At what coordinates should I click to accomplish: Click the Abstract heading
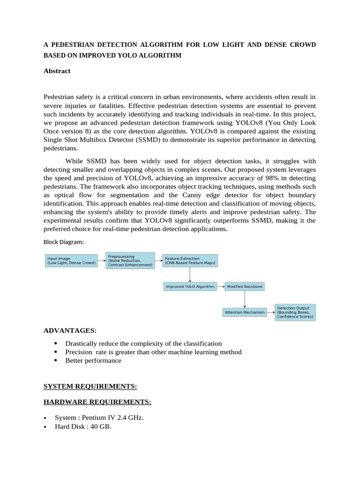click(x=57, y=71)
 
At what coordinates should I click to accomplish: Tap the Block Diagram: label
click(x=64, y=242)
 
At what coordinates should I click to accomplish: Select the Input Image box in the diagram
click(x=71, y=261)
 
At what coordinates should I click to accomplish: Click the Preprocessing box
click(x=130, y=261)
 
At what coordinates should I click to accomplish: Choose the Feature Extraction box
click(x=190, y=261)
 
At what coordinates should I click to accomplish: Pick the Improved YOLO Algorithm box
click(x=190, y=286)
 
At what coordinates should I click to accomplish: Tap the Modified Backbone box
click(x=245, y=286)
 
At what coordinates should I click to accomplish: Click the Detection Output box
click(x=295, y=312)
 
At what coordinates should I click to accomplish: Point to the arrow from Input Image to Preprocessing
click(x=102, y=261)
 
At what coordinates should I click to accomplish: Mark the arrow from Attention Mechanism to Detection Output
click(x=270, y=312)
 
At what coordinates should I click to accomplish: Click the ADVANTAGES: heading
click(x=70, y=330)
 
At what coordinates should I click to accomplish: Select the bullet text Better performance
click(x=93, y=360)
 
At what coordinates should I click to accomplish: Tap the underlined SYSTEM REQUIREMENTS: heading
click(x=90, y=386)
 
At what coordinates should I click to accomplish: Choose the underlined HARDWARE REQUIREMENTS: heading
click(x=97, y=402)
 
